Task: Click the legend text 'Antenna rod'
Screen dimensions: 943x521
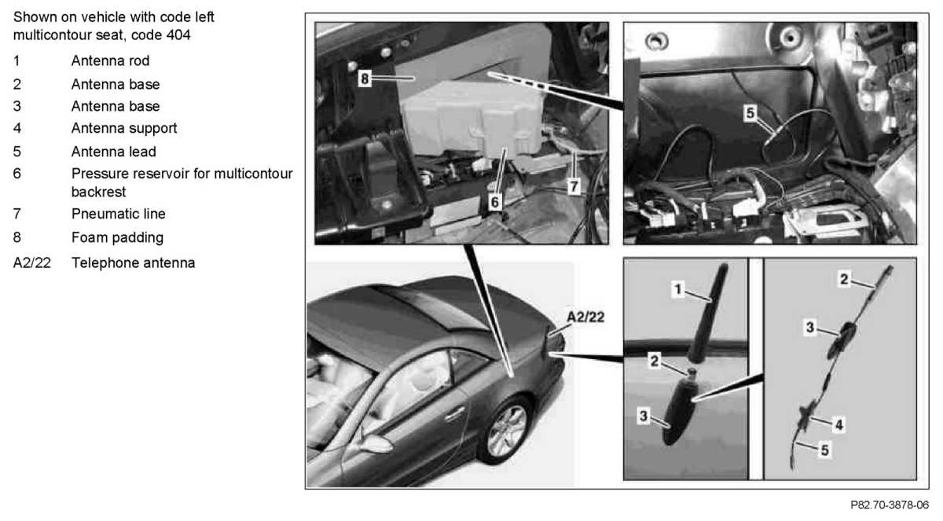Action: (x=110, y=61)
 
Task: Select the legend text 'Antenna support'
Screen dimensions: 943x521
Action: (x=124, y=128)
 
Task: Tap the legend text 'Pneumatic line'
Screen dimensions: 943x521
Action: (x=119, y=215)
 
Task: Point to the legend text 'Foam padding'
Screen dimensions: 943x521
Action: (x=117, y=238)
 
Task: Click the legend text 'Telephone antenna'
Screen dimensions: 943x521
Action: (x=134, y=263)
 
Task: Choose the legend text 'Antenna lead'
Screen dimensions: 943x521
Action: (x=114, y=152)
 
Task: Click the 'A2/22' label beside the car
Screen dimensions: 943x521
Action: (x=585, y=317)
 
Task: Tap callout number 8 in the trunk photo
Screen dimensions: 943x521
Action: (x=365, y=79)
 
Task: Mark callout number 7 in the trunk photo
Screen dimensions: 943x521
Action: (x=574, y=186)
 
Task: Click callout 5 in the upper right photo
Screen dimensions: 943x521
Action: (x=750, y=113)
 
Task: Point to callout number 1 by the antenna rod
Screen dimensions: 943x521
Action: (x=677, y=289)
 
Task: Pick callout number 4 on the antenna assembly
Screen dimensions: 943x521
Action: (x=838, y=424)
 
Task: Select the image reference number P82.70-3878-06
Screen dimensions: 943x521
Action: (x=889, y=505)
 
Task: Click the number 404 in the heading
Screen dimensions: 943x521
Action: (x=178, y=35)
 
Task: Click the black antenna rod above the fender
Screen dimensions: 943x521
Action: (x=708, y=313)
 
